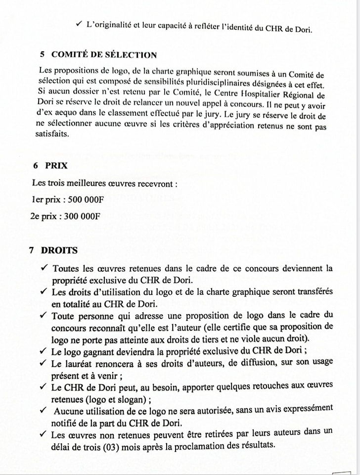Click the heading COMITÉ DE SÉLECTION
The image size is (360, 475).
(x=104, y=55)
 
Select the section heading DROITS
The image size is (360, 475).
(x=59, y=250)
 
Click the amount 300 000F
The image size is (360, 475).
(x=83, y=216)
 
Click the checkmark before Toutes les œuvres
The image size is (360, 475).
(x=43, y=268)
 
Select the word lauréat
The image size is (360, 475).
(x=79, y=363)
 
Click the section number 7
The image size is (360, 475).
(x=31, y=250)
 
